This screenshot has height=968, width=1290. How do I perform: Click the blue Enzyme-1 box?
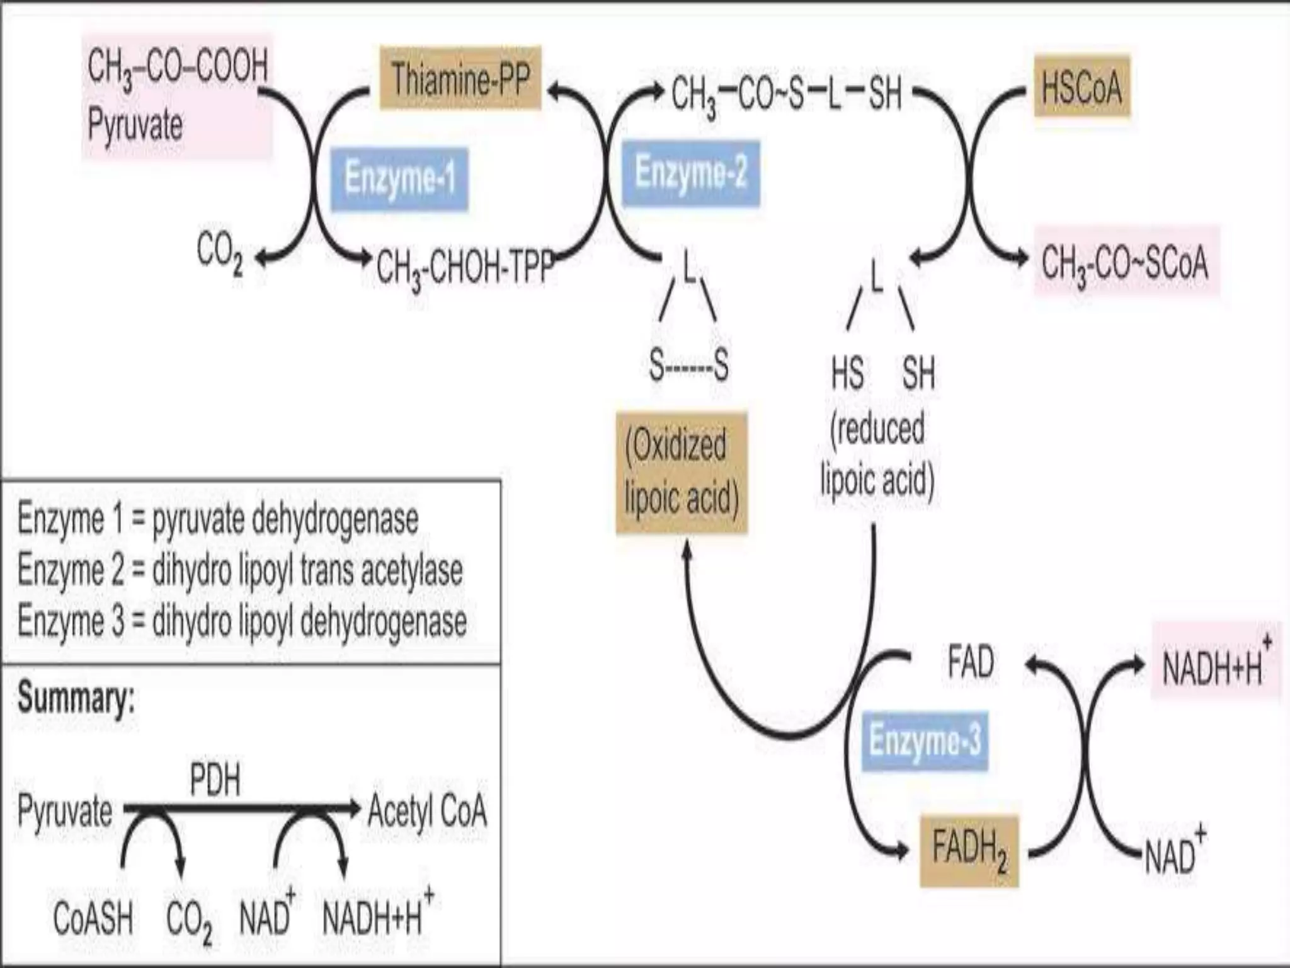pos(399,178)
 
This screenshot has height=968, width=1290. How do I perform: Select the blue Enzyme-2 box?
pos(690,173)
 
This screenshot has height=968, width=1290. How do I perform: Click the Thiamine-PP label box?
pos(460,79)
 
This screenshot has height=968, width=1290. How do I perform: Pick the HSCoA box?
pos(1082,87)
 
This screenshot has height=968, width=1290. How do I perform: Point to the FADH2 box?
pos(969,850)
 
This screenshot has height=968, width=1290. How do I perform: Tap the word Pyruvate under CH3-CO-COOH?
pos(135,124)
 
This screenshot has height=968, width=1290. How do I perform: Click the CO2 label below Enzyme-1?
pos(219,252)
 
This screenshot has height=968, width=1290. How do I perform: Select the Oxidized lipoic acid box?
pos(682,472)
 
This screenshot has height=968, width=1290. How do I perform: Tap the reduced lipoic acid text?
pos(877,454)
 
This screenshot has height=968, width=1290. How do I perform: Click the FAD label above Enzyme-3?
pos(971,662)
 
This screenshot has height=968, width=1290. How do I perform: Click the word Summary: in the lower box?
pos(76,698)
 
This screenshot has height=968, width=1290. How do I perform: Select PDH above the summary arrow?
pos(215,781)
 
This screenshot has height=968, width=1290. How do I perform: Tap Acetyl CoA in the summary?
pos(427,811)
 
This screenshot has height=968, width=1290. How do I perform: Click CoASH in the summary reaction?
pos(93,918)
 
